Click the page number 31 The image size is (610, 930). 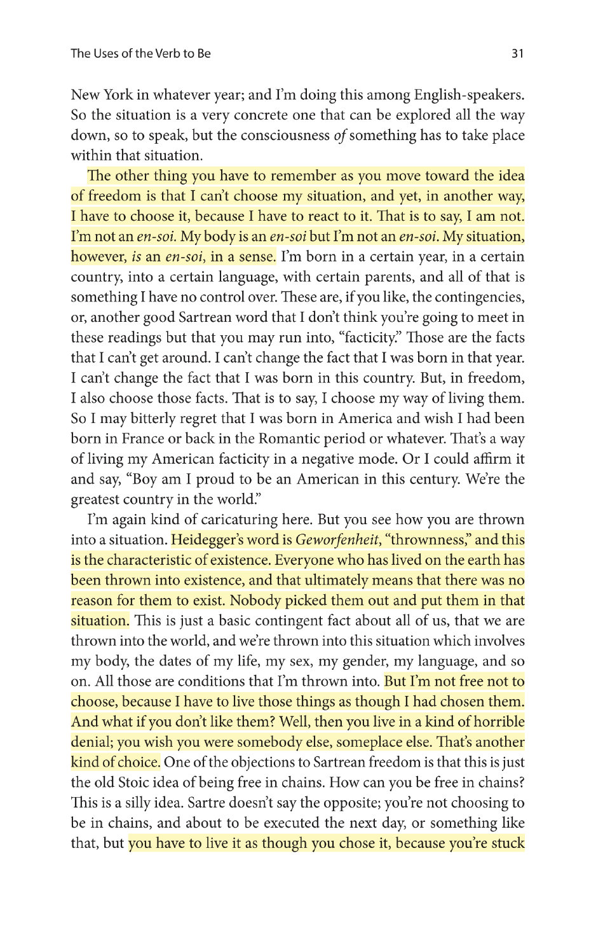click(x=517, y=53)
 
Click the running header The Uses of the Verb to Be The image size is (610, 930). click(x=140, y=53)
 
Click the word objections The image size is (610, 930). click(x=248, y=762)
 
